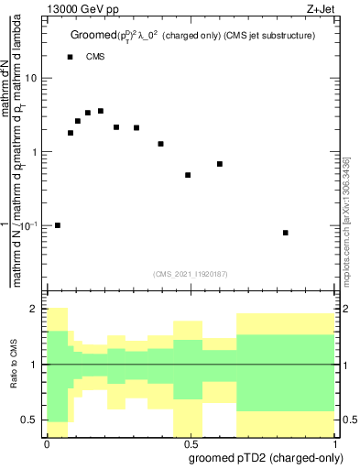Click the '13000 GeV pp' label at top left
(46, 9)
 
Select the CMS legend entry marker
(71, 57)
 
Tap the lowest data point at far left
(58, 225)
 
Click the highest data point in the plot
(101, 111)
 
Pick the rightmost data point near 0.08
(286, 233)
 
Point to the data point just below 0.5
(188, 175)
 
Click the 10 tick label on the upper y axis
(30, 78)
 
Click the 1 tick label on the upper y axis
(34, 152)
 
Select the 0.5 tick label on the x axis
(191, 443)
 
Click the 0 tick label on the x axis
(46, 443)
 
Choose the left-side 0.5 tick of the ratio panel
(30, 420)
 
